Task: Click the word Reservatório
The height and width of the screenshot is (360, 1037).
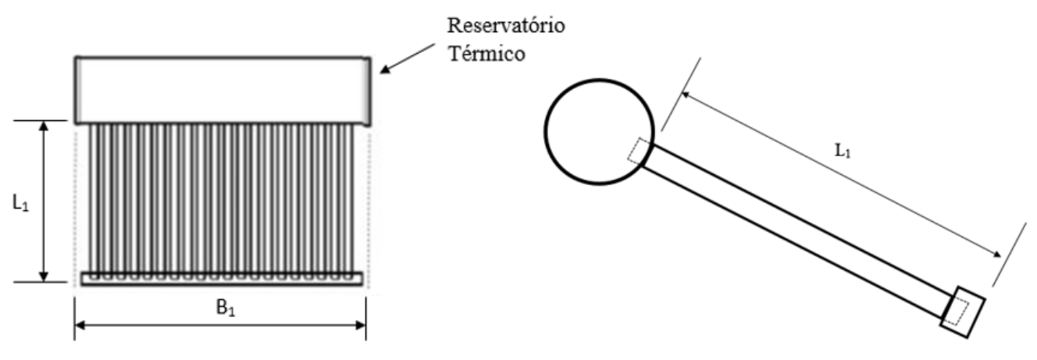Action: point(506,26)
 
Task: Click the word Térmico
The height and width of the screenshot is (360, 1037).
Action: point(487,54)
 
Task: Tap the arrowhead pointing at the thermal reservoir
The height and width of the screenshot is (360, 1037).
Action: point(385,70)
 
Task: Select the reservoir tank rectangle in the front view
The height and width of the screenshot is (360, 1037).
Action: point(223,91)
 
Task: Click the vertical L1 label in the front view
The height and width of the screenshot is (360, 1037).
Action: point(20,203)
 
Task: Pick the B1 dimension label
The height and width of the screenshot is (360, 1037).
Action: point(226,308)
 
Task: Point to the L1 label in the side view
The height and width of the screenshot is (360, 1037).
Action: point(843,151)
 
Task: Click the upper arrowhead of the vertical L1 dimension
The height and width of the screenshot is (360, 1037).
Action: point(44,127)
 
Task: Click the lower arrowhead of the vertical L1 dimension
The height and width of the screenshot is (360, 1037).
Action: point(44,276)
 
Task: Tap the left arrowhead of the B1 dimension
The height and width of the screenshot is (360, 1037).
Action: point(80,326)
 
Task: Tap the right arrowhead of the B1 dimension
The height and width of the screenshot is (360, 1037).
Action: point(360,326)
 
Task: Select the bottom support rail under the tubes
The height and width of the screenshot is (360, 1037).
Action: point(223,279)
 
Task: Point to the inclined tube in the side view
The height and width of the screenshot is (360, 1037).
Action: point(796,230)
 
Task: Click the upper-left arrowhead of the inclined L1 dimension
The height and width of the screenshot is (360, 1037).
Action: point(687,95)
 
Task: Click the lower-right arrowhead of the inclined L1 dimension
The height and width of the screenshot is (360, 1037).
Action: point(995,254)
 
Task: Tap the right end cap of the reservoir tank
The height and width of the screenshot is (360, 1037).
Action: point(367,91)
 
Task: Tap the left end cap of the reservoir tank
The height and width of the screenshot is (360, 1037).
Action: point(79,90)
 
